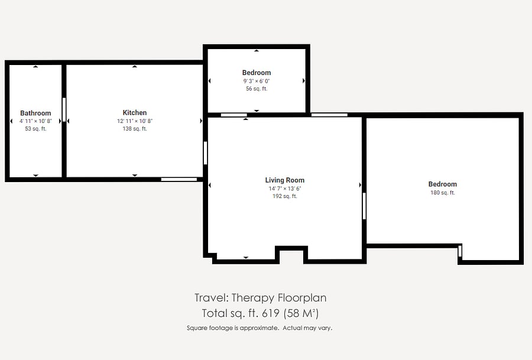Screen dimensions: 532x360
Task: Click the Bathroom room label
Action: [35, 113]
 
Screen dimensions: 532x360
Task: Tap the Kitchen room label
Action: [135, 113]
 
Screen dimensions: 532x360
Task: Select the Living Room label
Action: [285, 180]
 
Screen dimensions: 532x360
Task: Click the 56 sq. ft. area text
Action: [257, 89]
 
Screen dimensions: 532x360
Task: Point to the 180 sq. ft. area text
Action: [442, 192]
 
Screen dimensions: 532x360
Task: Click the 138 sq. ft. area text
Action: [135, 129]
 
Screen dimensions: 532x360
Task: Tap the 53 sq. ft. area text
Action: [35, 129]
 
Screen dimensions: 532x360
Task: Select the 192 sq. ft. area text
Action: [285, 196]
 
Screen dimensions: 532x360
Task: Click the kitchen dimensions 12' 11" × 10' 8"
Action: [135, 121]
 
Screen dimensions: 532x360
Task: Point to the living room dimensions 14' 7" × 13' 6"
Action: [285, 189]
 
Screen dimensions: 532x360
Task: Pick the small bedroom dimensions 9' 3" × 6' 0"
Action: [257, 81]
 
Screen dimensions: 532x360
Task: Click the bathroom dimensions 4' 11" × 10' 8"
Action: [35, 121]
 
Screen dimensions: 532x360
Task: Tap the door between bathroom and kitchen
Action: [64, 109]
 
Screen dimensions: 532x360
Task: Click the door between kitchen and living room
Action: [205, 153]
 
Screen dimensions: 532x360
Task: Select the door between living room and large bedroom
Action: [364, 206]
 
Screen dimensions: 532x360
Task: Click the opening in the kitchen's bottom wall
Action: [179, 179]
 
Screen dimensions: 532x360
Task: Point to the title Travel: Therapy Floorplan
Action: [260, 298]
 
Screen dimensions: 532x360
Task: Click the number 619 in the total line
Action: [270, 313]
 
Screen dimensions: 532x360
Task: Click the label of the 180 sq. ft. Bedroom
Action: [442, 184]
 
